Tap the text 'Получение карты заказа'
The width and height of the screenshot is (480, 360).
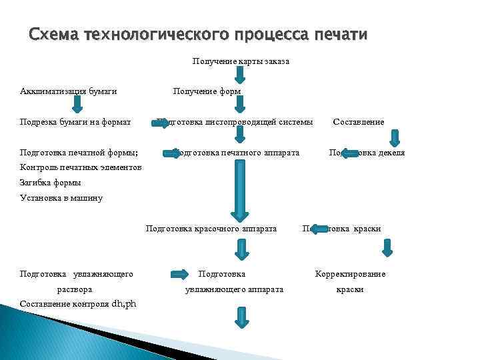[x=241, y=61]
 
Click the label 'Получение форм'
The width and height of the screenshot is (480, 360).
[x=207, y=91]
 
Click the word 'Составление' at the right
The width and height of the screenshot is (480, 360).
[x=358, y=122]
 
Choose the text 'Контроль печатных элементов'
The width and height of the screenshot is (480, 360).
[x=81, y=167]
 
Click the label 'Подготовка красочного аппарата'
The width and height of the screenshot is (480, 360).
[x=211, y=229]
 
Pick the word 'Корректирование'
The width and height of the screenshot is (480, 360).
[x=350, y=274]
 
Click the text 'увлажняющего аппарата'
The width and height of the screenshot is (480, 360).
[x=233, y=289]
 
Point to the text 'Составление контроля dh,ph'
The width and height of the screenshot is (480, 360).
[x=78, y=304]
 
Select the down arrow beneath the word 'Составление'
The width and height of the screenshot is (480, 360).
[x=394, y=137]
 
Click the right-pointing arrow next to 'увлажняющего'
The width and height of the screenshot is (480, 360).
[x=179, y=274]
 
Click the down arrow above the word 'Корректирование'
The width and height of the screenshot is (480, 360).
[x=387, y=249]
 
